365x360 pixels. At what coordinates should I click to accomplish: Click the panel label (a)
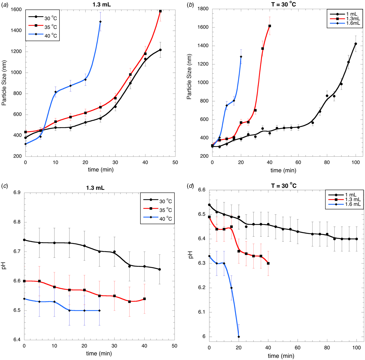[5, 4]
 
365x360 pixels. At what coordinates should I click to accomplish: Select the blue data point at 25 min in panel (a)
[100, 22]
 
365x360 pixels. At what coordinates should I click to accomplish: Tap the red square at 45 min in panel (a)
[160, 11]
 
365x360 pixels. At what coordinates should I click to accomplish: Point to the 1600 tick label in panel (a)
[16, 10]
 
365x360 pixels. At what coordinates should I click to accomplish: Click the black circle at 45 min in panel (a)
[160, 50]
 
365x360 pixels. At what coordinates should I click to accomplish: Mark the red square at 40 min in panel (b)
[270, 26]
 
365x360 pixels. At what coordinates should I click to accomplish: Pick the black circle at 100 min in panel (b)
[356, 44]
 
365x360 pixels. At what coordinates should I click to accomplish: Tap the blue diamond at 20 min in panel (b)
[241, 57]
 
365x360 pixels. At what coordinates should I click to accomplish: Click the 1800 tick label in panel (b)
[203, 9]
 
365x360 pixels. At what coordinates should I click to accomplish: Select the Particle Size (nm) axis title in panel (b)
[189, 77]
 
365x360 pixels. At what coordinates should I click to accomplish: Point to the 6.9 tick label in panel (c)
[17, 193]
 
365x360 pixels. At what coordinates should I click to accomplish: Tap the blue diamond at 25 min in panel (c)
[99, 310]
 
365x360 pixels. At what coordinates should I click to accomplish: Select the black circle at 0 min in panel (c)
[24, 240]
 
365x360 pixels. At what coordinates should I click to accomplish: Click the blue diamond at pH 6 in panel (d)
[239, 337]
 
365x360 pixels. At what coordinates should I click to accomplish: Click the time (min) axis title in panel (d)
[281, 356]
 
